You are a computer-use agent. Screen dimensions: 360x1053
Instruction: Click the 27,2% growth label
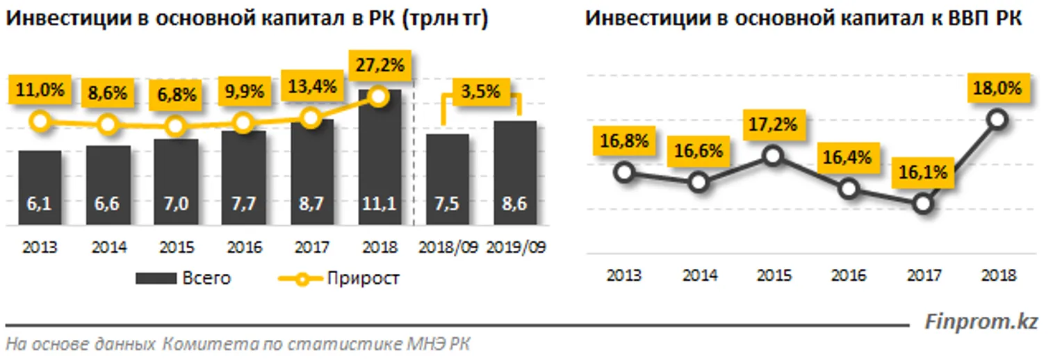click(x=379, y=67)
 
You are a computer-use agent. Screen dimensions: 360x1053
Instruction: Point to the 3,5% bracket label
click(x=480, y=91)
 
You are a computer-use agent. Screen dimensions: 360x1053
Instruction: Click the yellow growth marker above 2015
click(x=176, y=126)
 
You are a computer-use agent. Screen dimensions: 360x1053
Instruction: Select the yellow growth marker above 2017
click(x=311, y=117)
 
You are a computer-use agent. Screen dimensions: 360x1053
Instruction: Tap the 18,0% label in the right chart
click(x=997, y=90)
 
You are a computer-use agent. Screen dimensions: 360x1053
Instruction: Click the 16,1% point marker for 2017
click(x=922, y=203)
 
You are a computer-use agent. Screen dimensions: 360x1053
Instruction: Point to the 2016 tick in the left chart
click(x=243, y=248)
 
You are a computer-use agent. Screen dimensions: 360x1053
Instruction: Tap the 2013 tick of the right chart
click(x=624, y=275)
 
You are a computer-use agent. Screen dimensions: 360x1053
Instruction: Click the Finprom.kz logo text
click(x=981, y=322)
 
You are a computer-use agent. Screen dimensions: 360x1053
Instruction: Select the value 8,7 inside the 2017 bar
click(x=311, y=206)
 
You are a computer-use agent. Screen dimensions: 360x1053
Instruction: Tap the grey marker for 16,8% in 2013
click(x=624, y=172)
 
